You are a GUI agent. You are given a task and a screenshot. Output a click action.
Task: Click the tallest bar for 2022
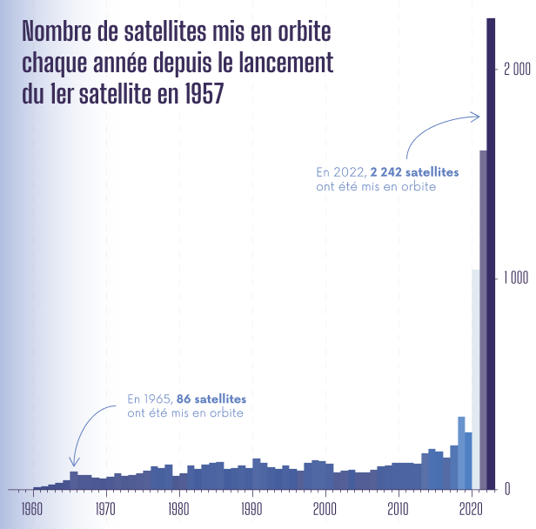[491, 252]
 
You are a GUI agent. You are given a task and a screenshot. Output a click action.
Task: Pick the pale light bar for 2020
[475, 378]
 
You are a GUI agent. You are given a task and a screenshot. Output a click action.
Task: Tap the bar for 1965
[74, 479]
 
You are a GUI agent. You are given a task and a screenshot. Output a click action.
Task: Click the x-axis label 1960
[32, 506]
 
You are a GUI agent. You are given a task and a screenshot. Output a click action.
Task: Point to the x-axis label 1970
[105, 506]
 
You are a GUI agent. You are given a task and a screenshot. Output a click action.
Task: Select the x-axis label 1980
[178, 506]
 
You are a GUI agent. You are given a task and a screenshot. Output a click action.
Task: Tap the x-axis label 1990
[252, 506]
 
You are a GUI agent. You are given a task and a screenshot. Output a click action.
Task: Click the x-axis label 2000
[325, 506]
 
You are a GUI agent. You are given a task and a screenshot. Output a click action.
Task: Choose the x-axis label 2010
[399, 506]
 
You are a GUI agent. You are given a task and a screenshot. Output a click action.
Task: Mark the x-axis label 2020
[471, 506]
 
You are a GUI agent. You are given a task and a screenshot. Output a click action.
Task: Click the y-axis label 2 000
[517, 70]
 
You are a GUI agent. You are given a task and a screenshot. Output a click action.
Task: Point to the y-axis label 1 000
[517, 279]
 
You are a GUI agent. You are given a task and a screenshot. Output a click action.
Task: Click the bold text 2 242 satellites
[414, 172]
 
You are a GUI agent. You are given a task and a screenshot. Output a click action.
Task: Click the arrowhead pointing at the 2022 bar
[476, 116]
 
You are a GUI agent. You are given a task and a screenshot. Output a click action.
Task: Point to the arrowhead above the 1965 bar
[75, 462]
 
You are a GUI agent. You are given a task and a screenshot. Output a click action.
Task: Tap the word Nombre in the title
[55, 32]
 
